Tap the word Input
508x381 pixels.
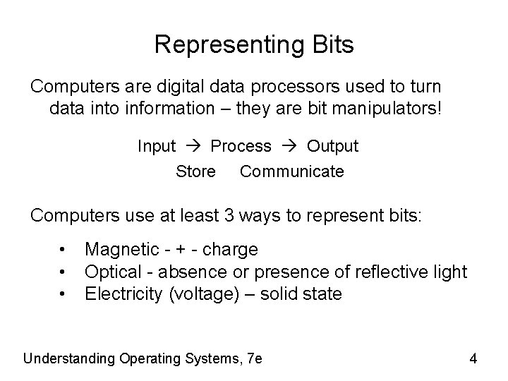tap(157, 146)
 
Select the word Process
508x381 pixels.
tap(241, 146)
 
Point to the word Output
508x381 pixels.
tap(332, 146)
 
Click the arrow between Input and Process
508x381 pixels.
tap(194, 147)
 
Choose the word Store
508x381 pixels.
tap(195, 171)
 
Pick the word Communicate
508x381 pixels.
tap(292, 171)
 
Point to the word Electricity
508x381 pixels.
tap(123, 293)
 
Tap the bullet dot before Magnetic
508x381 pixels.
tap(64, 249)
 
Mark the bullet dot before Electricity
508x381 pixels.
tap(64, 293)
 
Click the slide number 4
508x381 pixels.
tap(473, 358)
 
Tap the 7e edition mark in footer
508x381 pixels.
tap(255, 358)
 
